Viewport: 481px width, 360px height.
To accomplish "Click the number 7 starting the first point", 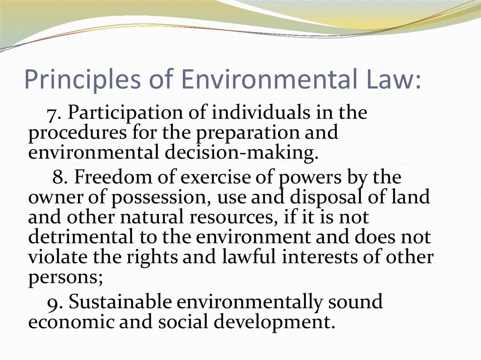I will pyautogui.click(x=51, y=114).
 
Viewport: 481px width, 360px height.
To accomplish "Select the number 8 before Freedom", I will pyautogui.click(x=57, y=178).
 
